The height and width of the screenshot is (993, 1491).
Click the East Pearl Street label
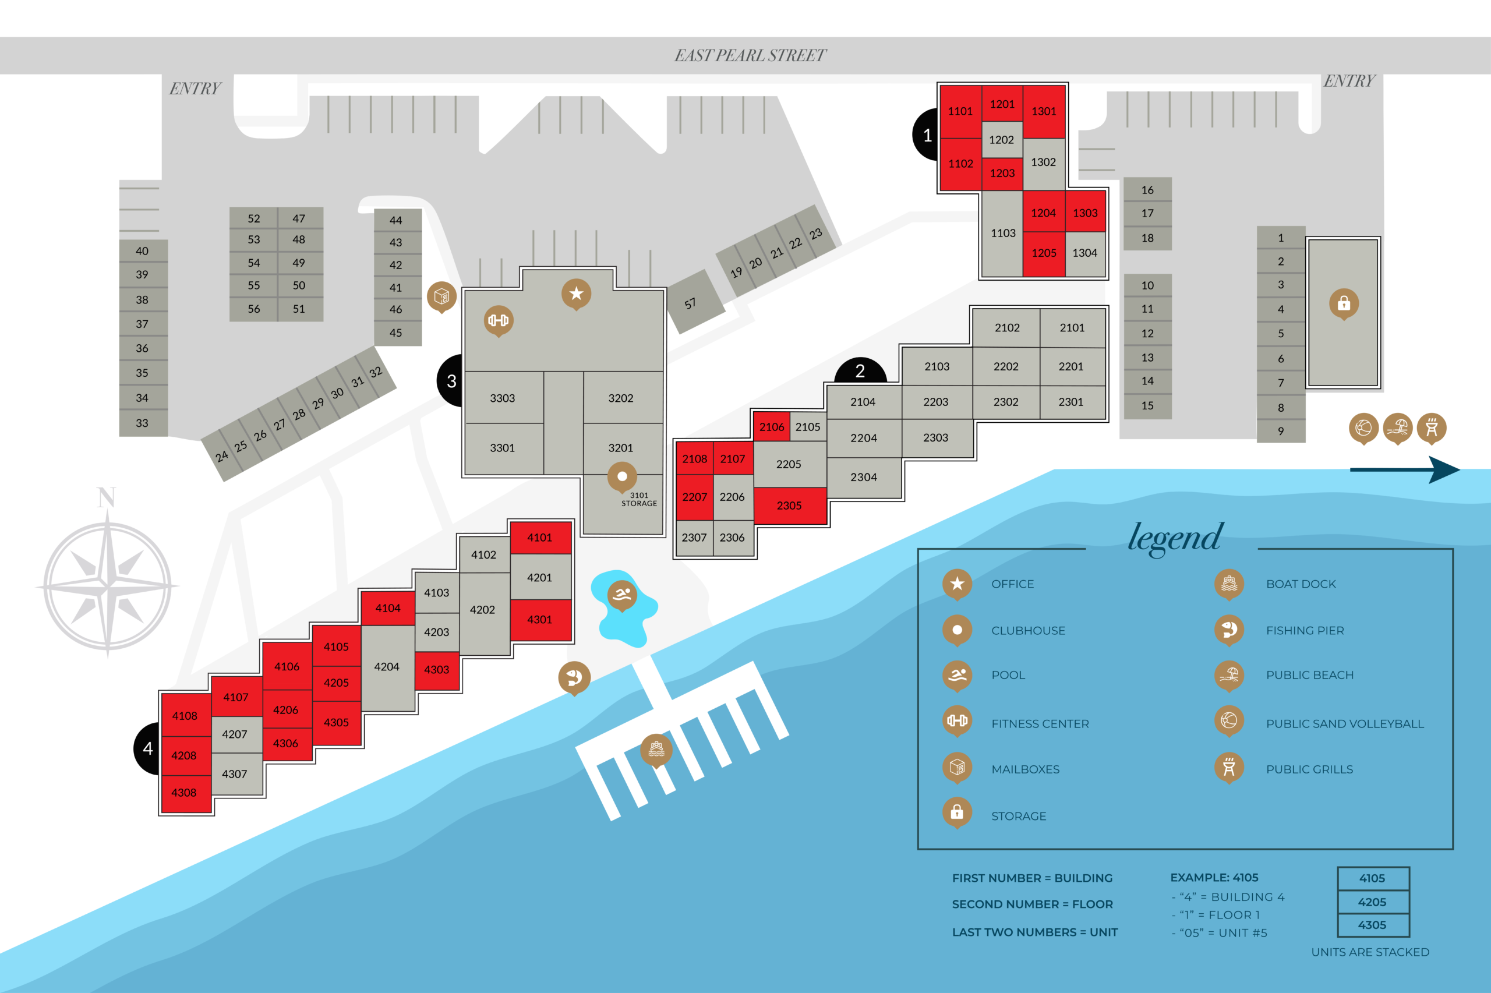(x=750, y=56)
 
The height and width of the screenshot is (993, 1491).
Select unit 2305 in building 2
(x=789, y=506)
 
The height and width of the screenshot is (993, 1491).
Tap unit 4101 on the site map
(x=540, y=537)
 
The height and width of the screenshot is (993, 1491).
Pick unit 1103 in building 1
(x=1003, y=233)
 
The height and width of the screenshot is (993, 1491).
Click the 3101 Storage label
(x=639, y=500)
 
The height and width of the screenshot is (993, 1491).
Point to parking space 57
(x=691, y=303)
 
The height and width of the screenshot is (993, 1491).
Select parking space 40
(x=143, y=251)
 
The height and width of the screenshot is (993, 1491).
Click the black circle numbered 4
(x=146, y=748)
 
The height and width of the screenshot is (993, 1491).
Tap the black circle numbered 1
(x=926, y=135)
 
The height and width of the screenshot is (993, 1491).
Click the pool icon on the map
(x=621, y=595)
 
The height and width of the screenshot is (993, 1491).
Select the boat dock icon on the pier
(x=656, y=749)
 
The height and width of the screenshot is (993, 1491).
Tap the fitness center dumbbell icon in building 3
(x=499, y=320)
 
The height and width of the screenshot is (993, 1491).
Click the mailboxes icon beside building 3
(x=441, y=296)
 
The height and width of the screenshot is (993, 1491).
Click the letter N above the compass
(x=107, y=498)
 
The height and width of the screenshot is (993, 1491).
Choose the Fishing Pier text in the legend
(x=1304, y=630)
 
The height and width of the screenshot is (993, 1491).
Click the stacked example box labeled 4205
(x=1373, y=902)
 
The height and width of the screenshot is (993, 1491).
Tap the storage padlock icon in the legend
(x=957, y=812)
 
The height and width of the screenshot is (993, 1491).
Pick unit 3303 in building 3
(x=503, y=398)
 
